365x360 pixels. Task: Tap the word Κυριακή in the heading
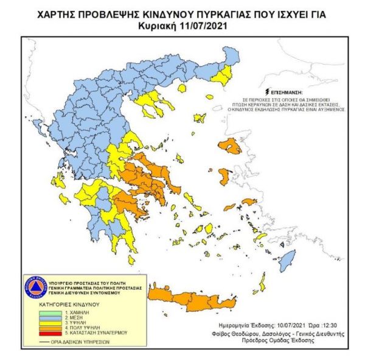point(164,26)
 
